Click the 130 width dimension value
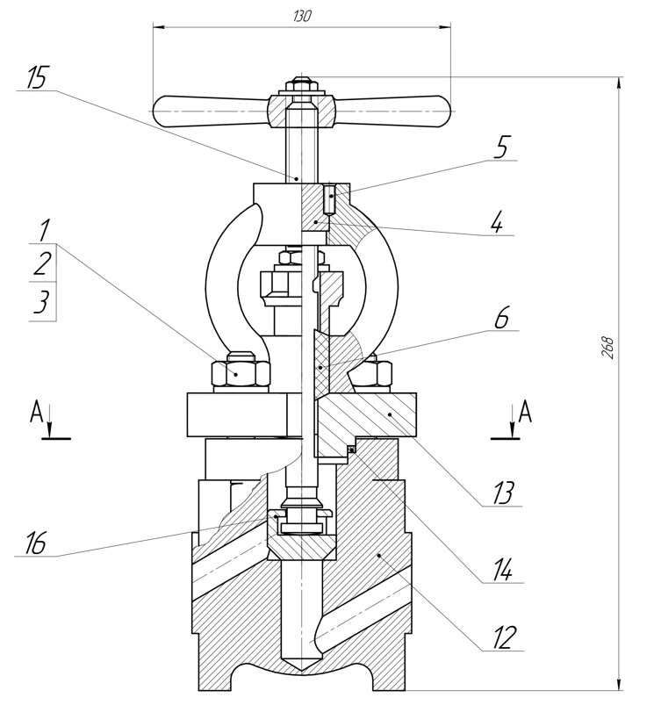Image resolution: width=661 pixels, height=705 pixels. click(302, 17)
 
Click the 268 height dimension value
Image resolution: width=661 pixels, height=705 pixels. click(607, 348)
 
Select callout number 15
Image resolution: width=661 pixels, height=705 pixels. click(36, 77)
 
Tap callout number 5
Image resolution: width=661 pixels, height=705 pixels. click(501, 147)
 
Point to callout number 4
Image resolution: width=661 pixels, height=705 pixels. click(497, 222)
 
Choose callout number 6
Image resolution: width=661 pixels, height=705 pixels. click(501, 318)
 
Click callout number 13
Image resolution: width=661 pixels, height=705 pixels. click(502, 493)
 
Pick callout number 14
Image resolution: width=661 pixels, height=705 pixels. click(502, 570)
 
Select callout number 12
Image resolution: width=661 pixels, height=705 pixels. click(504, 637)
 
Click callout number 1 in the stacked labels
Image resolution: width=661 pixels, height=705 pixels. click(43, 230)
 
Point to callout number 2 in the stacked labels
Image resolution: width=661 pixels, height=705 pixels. click(42, 264)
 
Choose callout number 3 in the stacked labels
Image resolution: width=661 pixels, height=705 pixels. click(41, 301)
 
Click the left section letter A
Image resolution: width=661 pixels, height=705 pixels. click(36, 413)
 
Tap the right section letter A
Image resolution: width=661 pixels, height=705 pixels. click(525, 413)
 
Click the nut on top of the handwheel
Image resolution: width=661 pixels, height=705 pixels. click(302, 84)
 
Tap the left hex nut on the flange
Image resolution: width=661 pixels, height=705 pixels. click(241, 372)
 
